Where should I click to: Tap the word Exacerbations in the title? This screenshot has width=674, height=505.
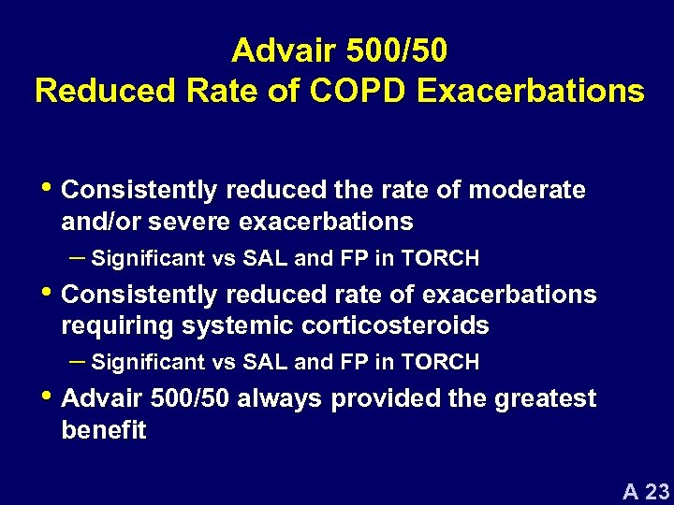532,92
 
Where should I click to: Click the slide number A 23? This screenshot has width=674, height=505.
647,492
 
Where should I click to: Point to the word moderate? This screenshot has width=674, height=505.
527,191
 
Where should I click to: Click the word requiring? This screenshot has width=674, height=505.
118,325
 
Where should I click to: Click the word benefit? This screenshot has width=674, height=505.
103,430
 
